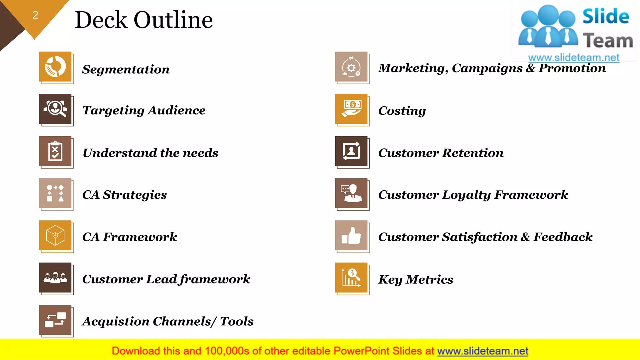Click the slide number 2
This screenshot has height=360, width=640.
[35, 15]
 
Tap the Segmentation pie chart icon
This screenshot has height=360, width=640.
[55, 67]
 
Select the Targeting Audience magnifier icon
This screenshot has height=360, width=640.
[55, 109]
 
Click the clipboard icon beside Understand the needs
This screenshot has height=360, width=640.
[55, 151]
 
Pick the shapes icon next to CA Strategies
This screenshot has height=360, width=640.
[55, 193]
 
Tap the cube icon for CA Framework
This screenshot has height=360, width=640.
[55, 235]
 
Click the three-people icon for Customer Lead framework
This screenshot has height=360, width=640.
[55, 277]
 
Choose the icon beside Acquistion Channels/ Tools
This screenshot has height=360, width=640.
[55, 320]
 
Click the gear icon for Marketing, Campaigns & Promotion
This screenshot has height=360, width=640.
[351, 67]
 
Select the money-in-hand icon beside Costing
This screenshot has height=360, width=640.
[351, 109]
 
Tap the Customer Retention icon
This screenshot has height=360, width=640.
[351, 151]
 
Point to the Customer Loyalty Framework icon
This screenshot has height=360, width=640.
[351, 193]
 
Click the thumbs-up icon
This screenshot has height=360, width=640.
[351, 235]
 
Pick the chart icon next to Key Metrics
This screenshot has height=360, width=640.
[351, 277]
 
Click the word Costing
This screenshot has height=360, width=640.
[402, 111]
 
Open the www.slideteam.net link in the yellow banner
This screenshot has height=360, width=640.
[482, 351]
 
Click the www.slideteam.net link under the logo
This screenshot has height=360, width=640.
[574, 58]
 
